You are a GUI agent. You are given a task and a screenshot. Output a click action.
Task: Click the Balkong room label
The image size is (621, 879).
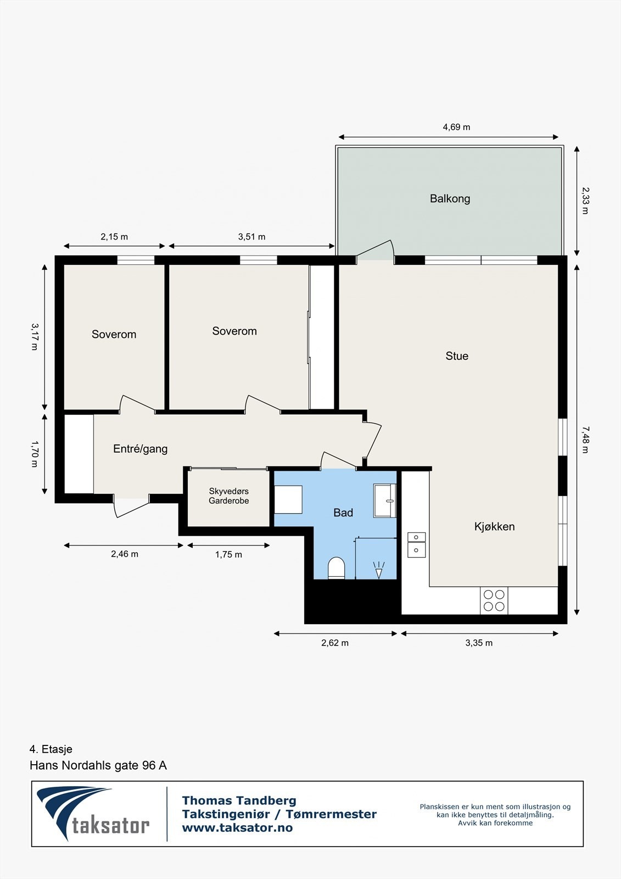coord(450,199)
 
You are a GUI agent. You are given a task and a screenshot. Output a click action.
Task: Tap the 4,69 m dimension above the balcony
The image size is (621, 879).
coord(456,127)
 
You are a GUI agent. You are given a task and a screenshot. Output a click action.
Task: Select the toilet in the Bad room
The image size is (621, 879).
coord(336,568)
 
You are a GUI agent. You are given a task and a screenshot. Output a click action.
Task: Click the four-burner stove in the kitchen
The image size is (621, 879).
coord(493,600)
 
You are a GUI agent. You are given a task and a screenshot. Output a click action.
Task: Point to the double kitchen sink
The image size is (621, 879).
coord(416,544)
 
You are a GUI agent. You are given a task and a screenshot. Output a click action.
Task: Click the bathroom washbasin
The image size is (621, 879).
coord(385,500)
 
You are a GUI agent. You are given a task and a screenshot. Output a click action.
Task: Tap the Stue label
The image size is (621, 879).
coord(457,356)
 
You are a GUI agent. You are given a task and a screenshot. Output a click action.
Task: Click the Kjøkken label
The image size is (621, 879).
coord(494,527)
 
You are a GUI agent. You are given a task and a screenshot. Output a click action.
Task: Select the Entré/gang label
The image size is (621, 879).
coord(140,449)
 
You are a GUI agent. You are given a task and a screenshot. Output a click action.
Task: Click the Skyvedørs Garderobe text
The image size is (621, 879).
coord(228,496)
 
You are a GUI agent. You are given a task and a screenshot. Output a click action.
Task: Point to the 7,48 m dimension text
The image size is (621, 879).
coord(585,439)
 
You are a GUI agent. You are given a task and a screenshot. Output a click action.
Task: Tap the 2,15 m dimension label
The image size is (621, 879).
coord(114,237)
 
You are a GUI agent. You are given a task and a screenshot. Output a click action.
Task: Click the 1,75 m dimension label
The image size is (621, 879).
coord(228,555)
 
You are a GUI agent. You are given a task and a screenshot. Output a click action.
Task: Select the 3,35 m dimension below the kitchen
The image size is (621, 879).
coord(479,643)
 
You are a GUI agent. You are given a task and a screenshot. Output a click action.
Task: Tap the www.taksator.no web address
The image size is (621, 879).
coord(237,828)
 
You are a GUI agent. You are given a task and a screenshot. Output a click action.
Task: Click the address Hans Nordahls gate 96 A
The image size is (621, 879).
coord(98,765)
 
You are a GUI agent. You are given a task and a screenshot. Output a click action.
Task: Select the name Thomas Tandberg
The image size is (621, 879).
coord(239,800)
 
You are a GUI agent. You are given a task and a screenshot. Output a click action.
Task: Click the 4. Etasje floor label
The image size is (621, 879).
coord(51,749)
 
